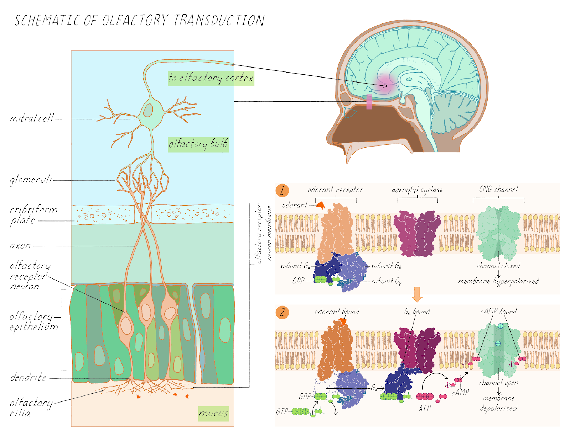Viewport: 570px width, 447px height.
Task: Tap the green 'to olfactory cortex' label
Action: tap(211, 78)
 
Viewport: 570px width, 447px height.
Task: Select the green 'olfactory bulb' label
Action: tap(198, 144)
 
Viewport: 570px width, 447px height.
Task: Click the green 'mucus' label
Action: tap(213, 414)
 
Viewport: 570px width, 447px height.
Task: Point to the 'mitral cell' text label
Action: tap(32, 118)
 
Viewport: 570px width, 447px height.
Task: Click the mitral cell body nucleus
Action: tap(148, 110)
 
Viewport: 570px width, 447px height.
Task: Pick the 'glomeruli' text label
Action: tap(31, 180)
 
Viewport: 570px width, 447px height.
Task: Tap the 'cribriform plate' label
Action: tap(33, 215)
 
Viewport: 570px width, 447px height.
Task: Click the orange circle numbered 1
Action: tap(282, 190)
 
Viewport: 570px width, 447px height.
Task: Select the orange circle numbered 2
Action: tap(282, 312)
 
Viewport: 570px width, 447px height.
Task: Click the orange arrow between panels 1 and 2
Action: tap(417, 294)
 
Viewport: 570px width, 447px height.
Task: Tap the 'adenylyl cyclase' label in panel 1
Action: tap(417, 190)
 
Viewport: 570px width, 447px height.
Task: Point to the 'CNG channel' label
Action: tap(498, 189)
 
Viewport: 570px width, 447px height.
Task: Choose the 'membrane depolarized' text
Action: tap(498, 403)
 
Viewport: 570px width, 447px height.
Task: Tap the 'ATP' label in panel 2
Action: tap(425, 408)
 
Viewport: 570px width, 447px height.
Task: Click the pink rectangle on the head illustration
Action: tap(369, 102)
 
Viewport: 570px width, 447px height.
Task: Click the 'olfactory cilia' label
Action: tap(31, 408)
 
